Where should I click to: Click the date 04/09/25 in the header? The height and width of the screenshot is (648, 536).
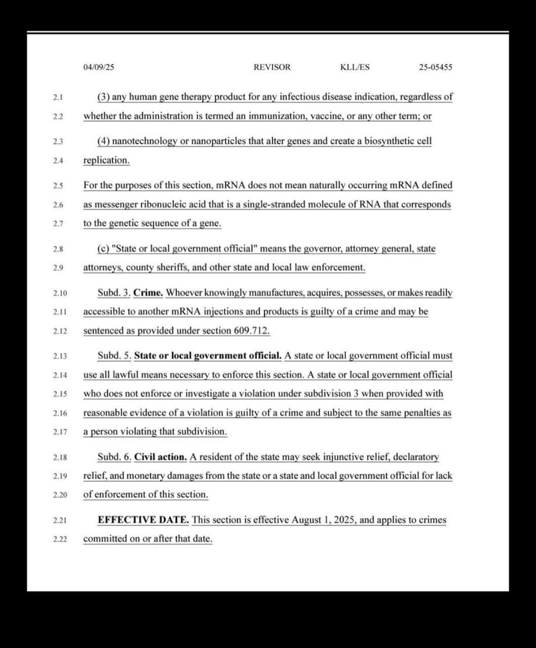click(x=99, y=67)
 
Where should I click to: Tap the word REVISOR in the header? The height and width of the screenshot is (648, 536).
click(x=272, y=67)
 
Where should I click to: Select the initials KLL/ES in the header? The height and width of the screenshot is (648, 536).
click(x=355, y=67)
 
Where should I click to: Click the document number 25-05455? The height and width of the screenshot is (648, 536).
click(x=436, y=67)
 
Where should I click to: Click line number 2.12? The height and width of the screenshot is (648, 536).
click(x=60, y=331)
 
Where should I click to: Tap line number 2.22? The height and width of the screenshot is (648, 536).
click(x=60, y=539)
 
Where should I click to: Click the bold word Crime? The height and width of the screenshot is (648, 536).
click(x=148, y=293)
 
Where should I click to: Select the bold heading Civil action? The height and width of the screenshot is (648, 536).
click(x=161, y=457)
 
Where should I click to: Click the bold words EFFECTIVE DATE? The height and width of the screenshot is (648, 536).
click(x=143, y=520)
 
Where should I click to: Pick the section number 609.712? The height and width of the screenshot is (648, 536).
click(x=251, y=331)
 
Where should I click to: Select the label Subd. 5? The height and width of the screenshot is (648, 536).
click(x=114, y=355)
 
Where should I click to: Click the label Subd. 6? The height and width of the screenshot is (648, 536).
click(x=114, y=457)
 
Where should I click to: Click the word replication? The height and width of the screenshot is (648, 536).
click(x=106, y=160)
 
